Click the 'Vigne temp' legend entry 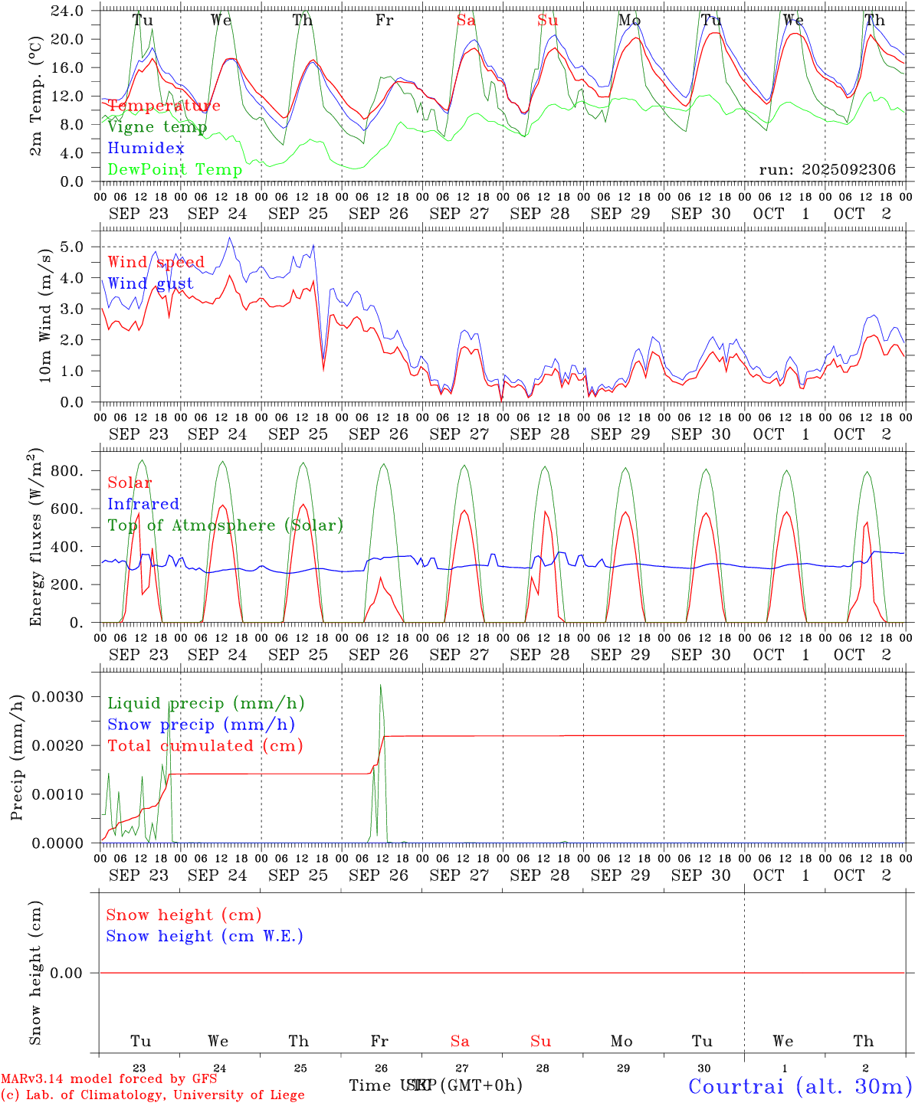[x=157, y=127]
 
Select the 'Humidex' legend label [x=146, y=149]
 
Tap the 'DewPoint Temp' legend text [x=175, y=170]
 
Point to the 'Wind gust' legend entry [x=150, y=284]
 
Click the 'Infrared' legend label [x=143, y=504]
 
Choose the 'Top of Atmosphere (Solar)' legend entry [x=225, y=525]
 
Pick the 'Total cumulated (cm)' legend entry [x=205, y=746]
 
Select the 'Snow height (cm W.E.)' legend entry [x=205, y=936]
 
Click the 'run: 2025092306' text [x=827, y=170]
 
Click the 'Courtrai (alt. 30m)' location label [x=800, y=1085]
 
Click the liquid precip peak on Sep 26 [x=381, y=686]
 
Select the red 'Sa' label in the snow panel [x=460, y=1041]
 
